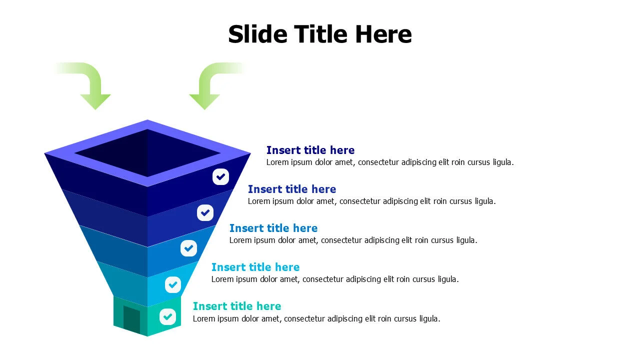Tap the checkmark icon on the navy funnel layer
tap(220, 176)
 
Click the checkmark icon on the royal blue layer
tap(205, 212)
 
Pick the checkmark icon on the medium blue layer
tap(188, 248)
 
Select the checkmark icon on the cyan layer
tap(173, 284)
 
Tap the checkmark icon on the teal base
tap(167, 316)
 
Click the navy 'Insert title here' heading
tap(310, 150)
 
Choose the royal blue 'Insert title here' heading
tap(291, 189)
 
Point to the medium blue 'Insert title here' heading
tap(273, 228)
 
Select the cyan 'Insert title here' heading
tap(255, 267)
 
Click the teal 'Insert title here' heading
tap(236, 306)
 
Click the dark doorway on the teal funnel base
tap(131, 319)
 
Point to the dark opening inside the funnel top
tap(147, 153)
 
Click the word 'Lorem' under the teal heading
tap(204, 319)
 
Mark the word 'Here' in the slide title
tap(383, 34)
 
